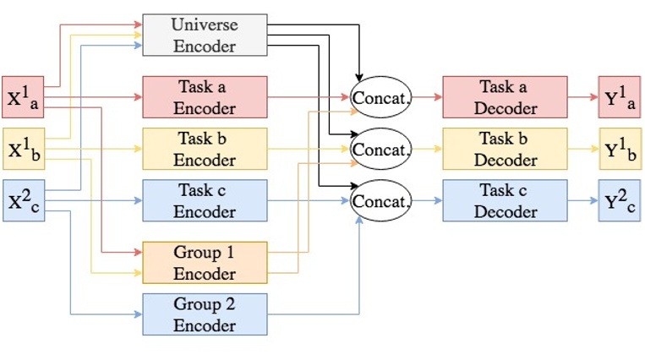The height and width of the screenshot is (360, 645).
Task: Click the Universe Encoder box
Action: point(205,35)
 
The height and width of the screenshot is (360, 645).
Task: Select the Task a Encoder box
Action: point(205,97)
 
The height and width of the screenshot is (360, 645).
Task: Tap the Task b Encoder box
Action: point(205,149)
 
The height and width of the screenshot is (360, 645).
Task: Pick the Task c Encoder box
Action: point(205,200)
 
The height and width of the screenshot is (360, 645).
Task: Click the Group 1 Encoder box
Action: point(205,263)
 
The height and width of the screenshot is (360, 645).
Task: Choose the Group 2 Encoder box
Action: point(205,314)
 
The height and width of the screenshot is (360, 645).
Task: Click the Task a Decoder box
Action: point(505,97)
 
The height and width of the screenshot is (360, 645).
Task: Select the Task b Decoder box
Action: point(505,149)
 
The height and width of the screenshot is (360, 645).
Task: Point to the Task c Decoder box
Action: point(505,200)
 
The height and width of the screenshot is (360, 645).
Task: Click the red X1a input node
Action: point(24,97)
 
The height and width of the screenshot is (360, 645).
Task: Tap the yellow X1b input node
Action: point(24,149)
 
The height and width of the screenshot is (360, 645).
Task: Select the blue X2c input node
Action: point(24,200)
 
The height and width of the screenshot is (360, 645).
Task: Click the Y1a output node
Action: point(620,97)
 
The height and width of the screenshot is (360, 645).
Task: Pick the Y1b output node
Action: point(620,149)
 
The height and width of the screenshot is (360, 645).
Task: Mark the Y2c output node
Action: point(620,200)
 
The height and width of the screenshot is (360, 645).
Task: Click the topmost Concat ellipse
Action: point(380,97)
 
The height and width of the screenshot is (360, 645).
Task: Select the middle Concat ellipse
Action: point(380,149)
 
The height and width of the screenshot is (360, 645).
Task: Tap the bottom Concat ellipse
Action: point(380,201)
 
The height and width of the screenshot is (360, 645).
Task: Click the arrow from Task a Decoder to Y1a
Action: point(582,97)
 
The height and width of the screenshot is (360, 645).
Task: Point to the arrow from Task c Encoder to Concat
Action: point(309,200)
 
